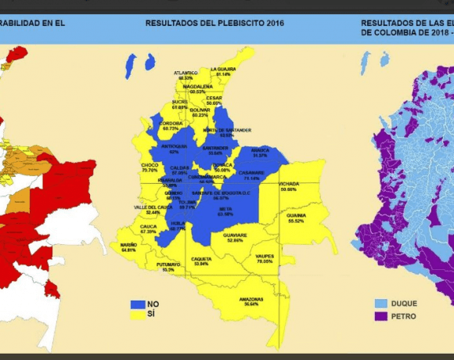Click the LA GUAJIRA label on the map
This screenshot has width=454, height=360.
(223, 68)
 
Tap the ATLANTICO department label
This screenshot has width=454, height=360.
(186, 73)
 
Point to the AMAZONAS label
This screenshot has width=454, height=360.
(250, 299)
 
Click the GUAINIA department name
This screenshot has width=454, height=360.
(296, 215)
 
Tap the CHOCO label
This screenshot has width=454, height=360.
(150, 165)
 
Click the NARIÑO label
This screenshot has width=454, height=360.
(128, 244)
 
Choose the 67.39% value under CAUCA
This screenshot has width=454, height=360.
(148, 232)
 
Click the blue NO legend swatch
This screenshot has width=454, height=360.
(138, 304)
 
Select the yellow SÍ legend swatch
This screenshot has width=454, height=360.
(138, 315)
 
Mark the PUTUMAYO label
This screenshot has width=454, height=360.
(168, 265)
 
